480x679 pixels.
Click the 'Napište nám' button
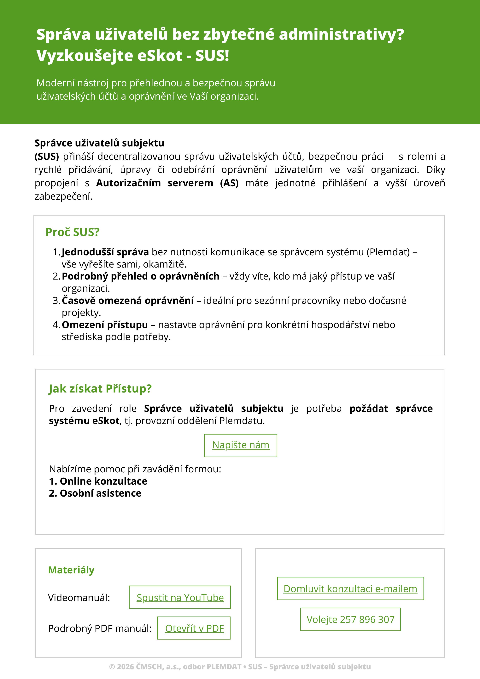tap(241, 445)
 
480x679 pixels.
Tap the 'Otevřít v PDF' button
tap(194, 629)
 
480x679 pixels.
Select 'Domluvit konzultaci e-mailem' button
tap(350, 589)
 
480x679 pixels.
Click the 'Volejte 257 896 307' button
tap(350, 620)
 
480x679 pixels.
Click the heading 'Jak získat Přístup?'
tap(100, 389)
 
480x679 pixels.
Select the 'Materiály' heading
tap(71, 570)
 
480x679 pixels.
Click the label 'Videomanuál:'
tap(79, 598)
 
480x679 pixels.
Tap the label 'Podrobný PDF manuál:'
tap(100, 629)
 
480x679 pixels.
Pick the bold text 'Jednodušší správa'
tap(105, 252)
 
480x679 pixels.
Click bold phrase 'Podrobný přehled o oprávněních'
tap(141, 276)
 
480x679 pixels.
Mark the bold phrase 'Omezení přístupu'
tap(105, 325)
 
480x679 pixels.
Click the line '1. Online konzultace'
tap(98, 481)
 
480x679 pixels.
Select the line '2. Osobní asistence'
tap(95, 493)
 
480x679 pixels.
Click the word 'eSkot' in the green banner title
tap(160, 56)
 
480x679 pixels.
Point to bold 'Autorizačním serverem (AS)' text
tap(167, 183)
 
